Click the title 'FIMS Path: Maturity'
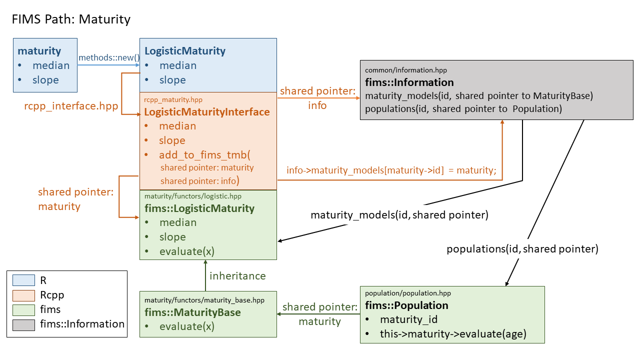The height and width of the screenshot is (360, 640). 70,19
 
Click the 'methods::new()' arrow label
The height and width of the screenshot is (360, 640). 108,57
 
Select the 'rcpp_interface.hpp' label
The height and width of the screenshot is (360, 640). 71,106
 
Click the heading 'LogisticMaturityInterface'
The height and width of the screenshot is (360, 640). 207,111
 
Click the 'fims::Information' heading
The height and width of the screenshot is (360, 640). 409,82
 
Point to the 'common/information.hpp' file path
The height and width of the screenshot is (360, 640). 406,70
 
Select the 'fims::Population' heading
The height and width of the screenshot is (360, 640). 406,305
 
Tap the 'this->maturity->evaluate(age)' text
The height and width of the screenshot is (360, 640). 453,334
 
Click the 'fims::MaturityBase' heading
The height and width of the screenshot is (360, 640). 192,312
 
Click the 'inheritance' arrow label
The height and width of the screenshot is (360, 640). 237,275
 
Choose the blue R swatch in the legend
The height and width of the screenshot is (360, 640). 23,280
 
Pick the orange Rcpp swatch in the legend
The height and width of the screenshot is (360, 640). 23,295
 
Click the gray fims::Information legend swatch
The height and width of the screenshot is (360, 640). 23,324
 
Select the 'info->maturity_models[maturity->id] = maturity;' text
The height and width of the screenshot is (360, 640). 391,170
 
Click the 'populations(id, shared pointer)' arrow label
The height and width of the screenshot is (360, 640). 522,248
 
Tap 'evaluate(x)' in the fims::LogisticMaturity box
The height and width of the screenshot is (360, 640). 186,251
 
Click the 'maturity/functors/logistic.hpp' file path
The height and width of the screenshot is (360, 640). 192,196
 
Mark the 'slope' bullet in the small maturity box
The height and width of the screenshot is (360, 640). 45,80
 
